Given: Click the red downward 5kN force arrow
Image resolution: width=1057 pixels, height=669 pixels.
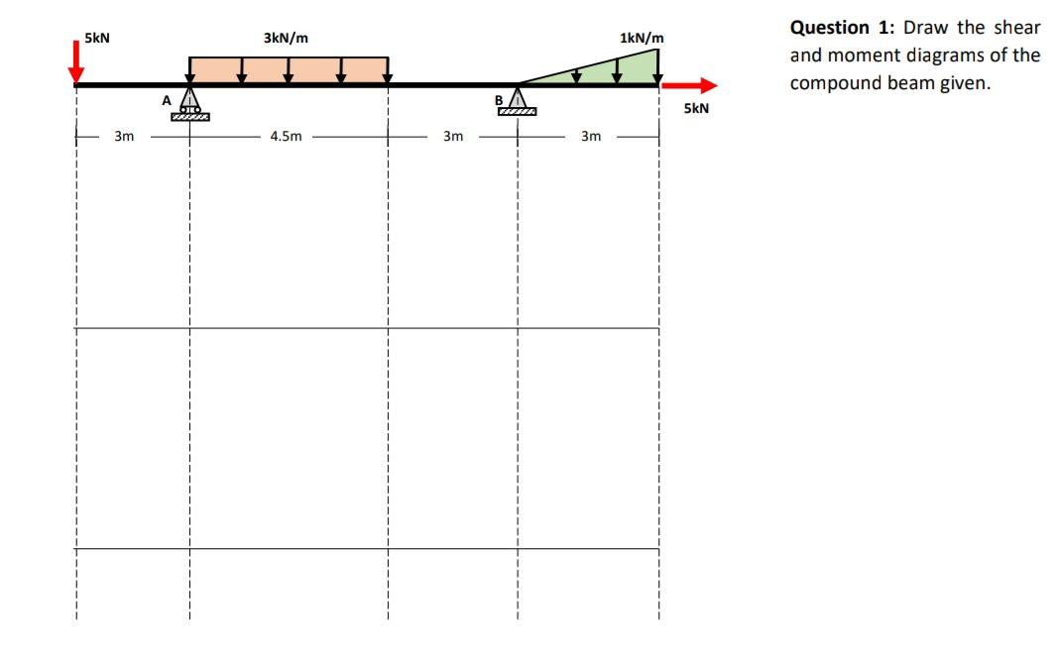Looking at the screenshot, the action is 76,59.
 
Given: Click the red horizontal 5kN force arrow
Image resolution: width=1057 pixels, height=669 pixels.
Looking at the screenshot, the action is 688,85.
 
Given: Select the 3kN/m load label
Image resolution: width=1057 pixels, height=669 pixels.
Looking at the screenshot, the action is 286,38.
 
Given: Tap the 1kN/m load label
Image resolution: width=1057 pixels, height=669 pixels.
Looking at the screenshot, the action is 641,38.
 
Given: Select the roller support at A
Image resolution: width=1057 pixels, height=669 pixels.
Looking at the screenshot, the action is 189,103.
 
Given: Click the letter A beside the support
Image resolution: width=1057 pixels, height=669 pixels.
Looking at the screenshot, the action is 167,99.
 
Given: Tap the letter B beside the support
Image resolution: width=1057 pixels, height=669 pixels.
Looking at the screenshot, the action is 499,98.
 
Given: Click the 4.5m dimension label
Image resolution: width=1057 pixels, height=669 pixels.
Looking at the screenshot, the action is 286,137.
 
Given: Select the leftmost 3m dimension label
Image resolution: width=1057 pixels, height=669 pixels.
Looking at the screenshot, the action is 123,137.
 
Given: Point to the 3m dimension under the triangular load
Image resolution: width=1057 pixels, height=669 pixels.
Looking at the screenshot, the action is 590,137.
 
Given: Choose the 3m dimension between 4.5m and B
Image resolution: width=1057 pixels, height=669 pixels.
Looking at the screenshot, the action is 452,137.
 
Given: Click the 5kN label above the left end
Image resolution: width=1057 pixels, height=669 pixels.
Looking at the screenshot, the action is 97,38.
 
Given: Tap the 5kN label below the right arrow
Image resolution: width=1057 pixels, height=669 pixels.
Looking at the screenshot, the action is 696,108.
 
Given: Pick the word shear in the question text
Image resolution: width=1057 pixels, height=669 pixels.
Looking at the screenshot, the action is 1018,27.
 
